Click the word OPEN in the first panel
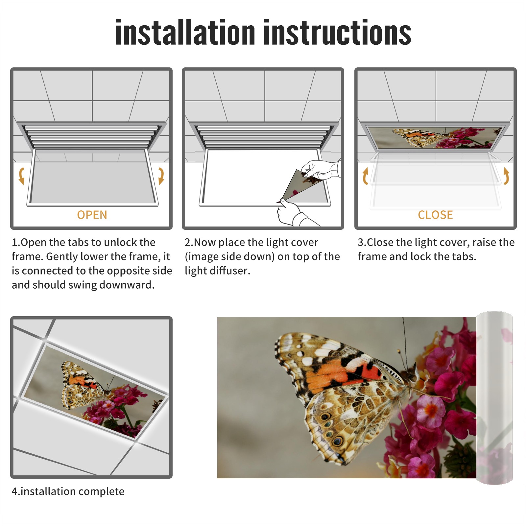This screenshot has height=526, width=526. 92,215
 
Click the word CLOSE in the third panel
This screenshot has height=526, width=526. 435,215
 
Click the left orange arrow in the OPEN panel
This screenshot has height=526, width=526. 21,176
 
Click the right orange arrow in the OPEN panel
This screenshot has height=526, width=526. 161,176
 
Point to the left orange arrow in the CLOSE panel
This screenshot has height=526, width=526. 365,176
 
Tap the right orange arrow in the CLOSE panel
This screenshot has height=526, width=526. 506,176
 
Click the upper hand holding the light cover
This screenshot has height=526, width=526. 320,169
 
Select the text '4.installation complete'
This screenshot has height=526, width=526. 68,491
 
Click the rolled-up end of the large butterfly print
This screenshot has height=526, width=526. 494,398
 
